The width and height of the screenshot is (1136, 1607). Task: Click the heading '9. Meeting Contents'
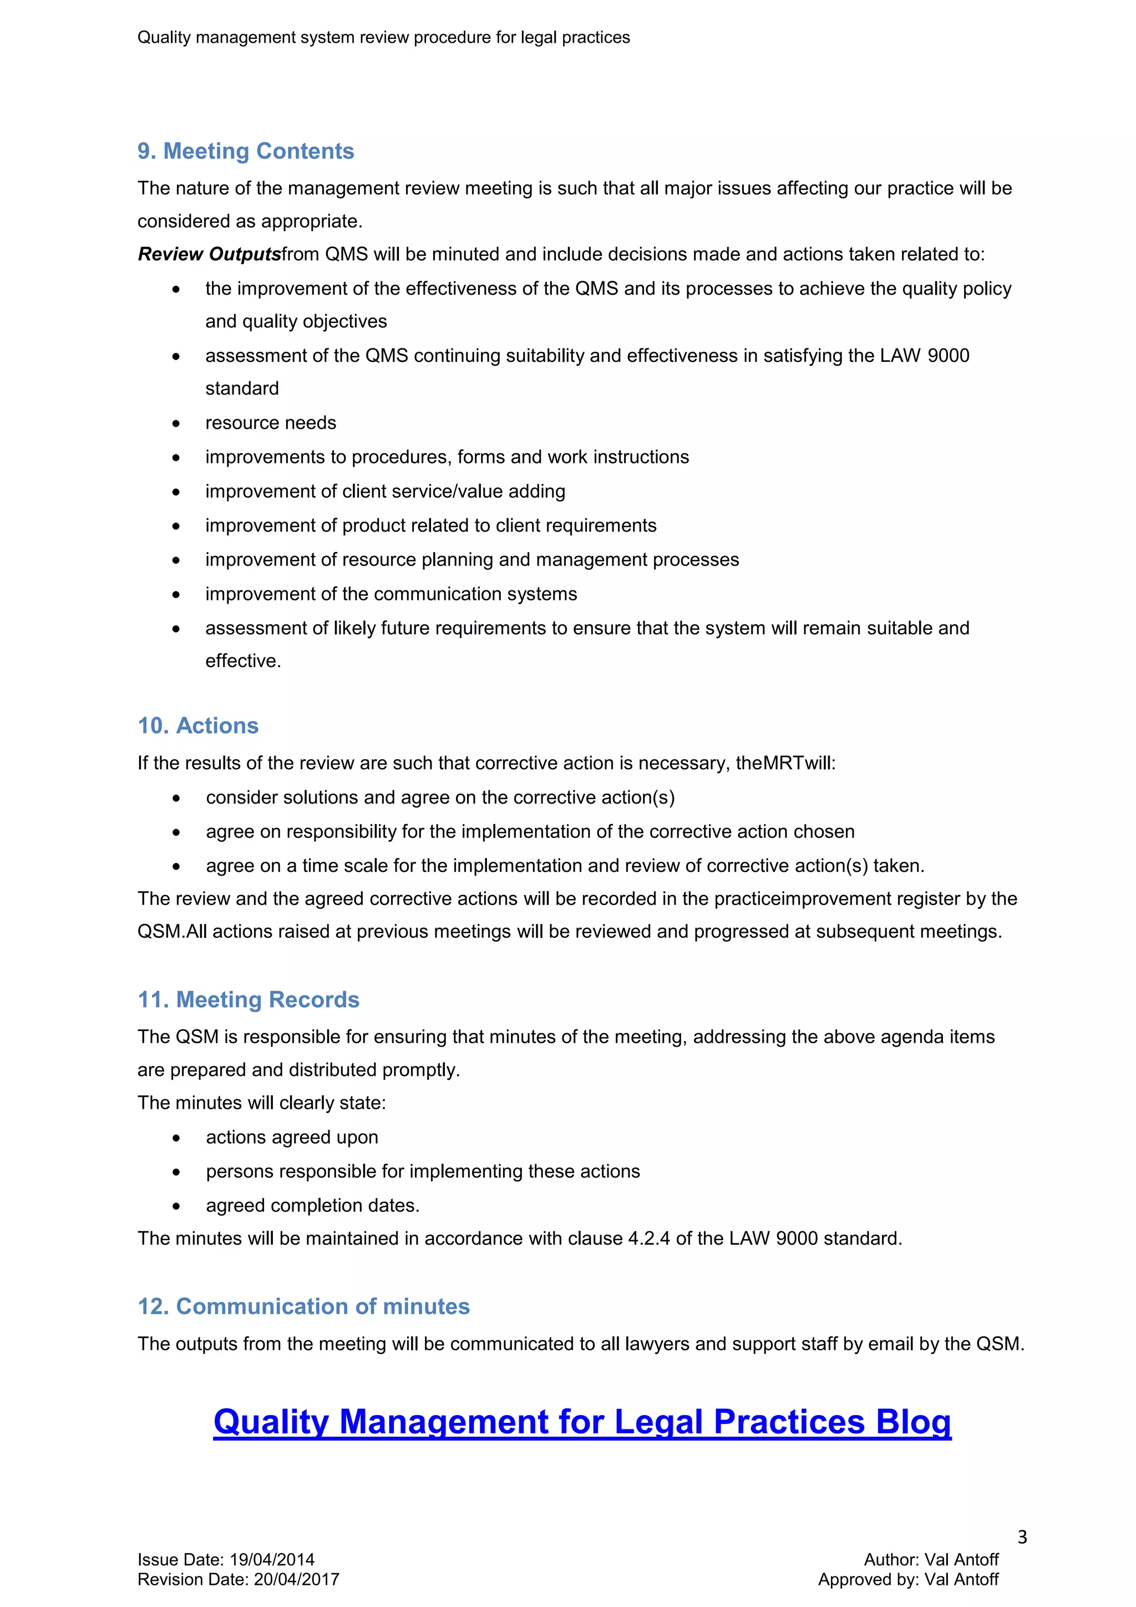[246, 151]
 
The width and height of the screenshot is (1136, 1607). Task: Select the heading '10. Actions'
[198, 726]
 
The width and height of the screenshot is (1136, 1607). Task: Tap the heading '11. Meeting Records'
[248, 999]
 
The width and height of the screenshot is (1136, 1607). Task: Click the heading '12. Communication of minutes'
[303, 1306]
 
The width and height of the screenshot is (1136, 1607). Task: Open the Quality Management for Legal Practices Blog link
[582, 1422]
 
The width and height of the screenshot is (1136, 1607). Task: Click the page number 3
[1022, 1537]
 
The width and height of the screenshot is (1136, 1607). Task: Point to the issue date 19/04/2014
[272, 1559]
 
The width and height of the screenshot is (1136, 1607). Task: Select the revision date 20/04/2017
[297, 1580]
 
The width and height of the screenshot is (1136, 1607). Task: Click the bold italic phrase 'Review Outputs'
[209, 254]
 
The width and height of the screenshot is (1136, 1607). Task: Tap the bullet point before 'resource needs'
[176, 423]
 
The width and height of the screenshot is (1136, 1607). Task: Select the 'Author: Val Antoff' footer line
[931, 1559]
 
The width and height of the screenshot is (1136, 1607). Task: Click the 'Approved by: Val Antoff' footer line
[908, 1580]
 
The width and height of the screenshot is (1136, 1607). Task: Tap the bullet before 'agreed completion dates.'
[176, 1206]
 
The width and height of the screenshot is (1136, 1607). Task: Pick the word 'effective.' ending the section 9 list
[243, 661]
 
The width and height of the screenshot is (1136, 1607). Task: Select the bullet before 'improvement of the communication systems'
[176, 594]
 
